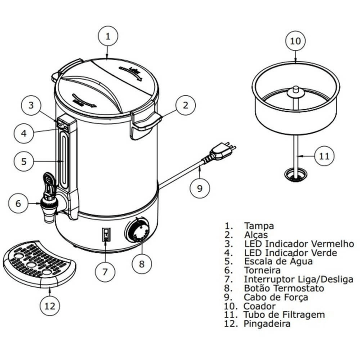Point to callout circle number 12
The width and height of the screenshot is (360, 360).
coord(49,306)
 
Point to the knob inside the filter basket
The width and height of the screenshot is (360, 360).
coord(296,90)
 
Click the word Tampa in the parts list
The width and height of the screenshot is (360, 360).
coord(259,225)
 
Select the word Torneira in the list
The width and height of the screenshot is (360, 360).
coord(262,270)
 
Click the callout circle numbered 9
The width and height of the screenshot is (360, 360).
coord(199,188)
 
